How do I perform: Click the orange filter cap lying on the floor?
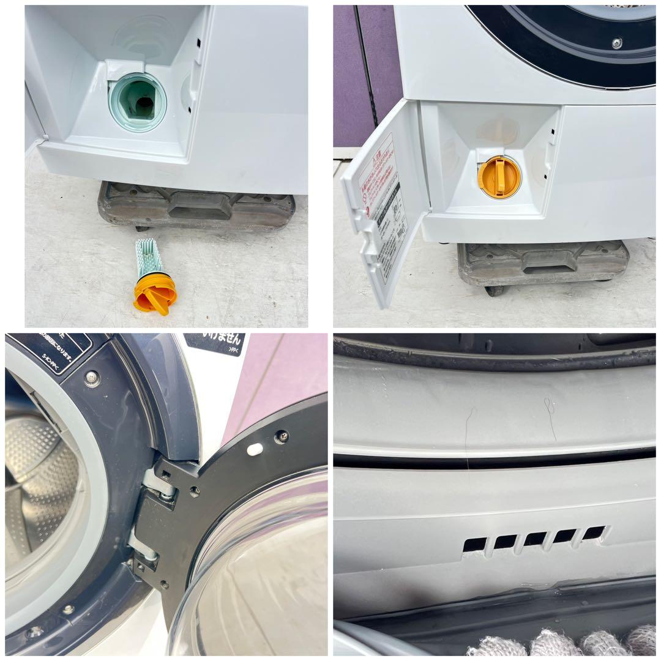tap(155, 294)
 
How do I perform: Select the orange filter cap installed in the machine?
tap(499, 177)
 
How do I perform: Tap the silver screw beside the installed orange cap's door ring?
tap(617, 43)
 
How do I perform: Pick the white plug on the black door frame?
tap(255, 449)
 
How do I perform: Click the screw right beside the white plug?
tap(281, 437)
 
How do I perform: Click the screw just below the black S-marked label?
tap(92, 379)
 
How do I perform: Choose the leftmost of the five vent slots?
tap(475, 544)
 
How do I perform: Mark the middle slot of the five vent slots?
tap(535, 539)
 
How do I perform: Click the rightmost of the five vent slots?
tap(594, 532)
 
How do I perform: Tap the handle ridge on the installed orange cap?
tap(498, 177)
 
